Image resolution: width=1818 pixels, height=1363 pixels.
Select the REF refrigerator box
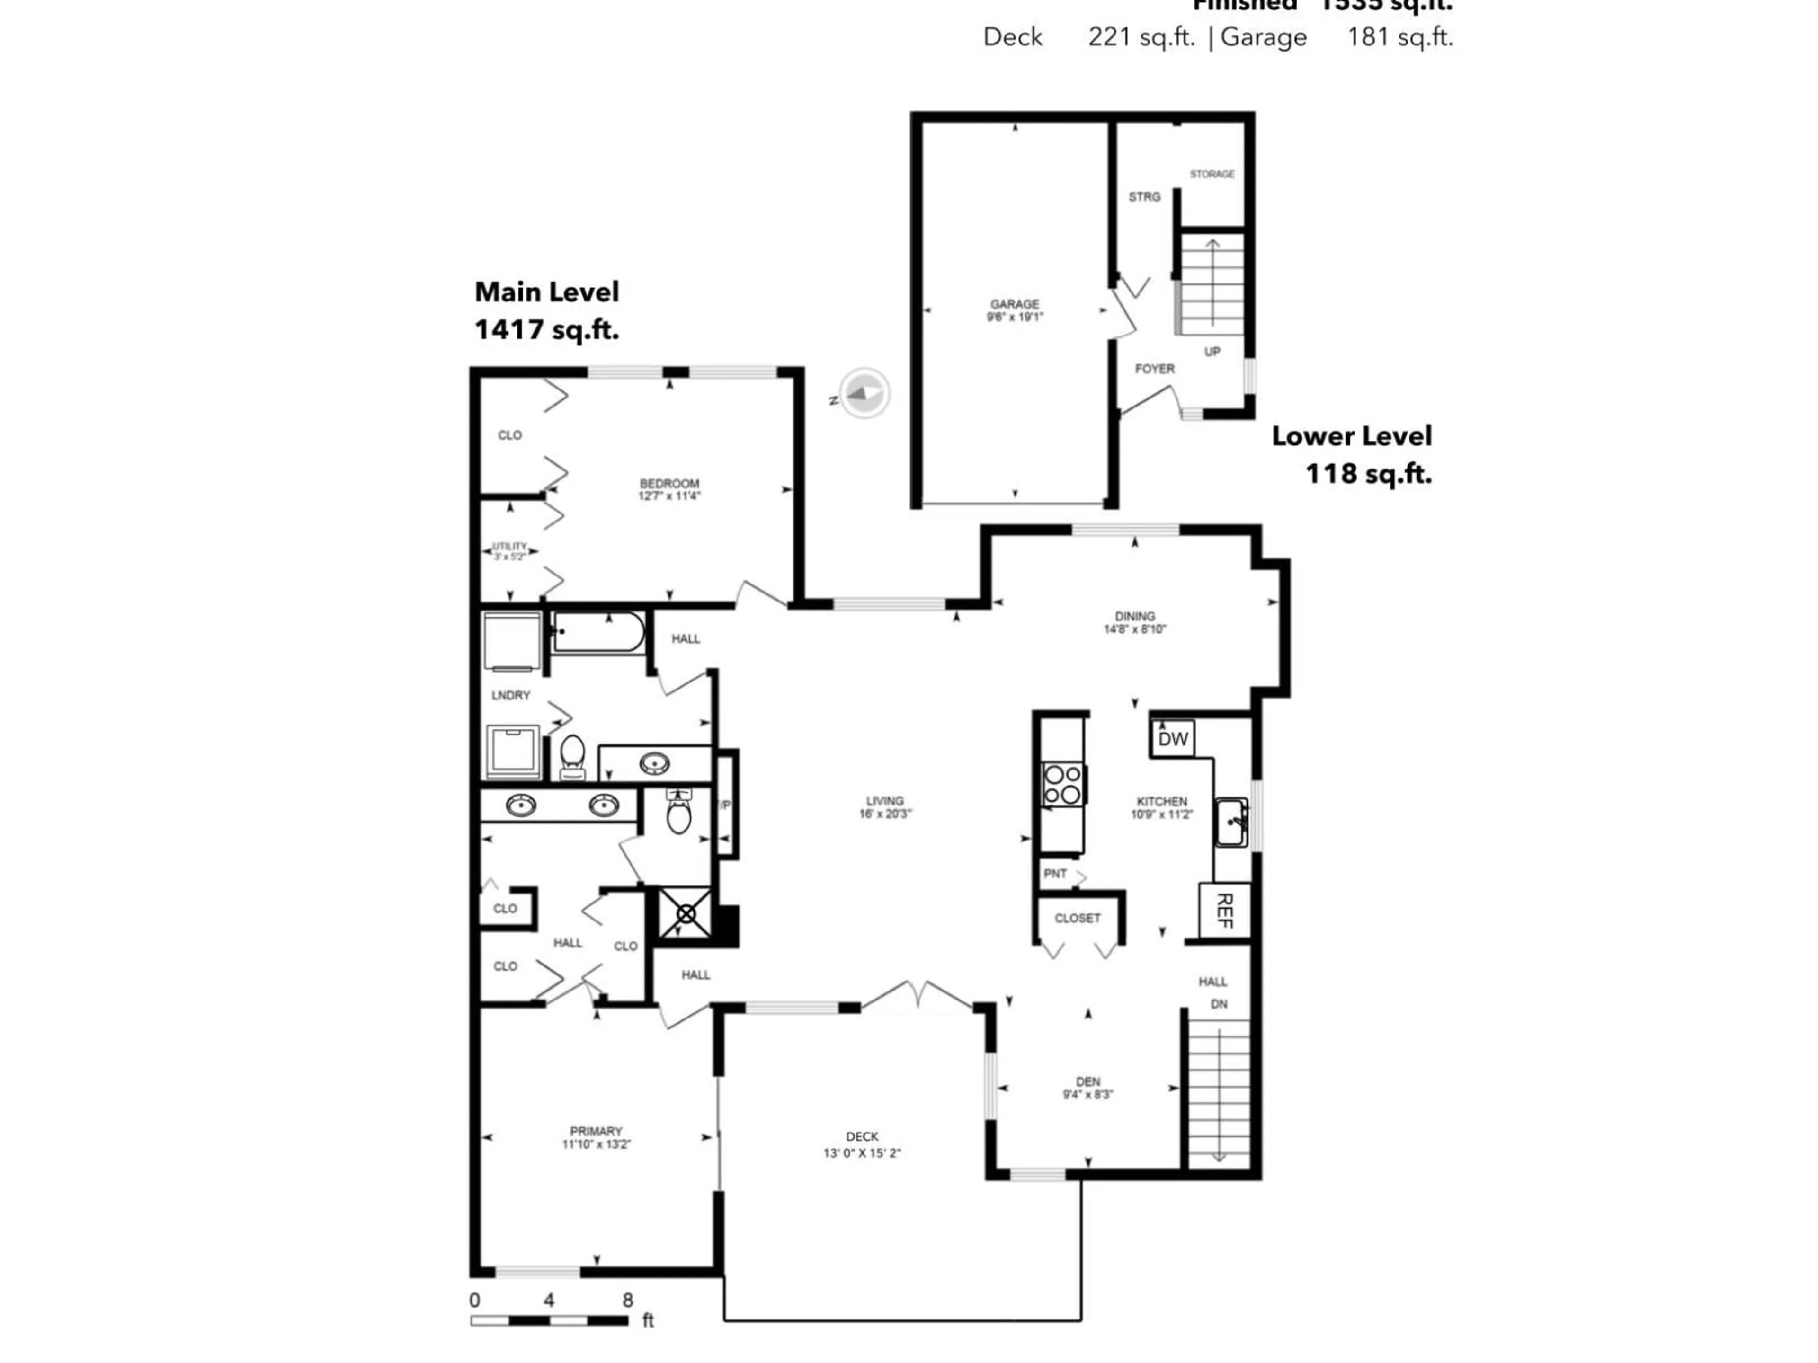pyautogui.click(x=1224, y=910)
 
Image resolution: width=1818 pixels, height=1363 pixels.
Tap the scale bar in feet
pyautogui.click(x=549, y=1321)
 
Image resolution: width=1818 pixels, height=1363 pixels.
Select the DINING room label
pyautogui.click(x=1134, y=616)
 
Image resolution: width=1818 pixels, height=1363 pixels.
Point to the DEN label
pyautogui.click(x=1087, y=1082)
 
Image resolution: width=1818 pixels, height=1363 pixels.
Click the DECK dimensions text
pyautogui.click(x=862, y=1153)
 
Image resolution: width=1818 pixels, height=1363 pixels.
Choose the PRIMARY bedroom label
pyautogui.click(x=596, y=1131)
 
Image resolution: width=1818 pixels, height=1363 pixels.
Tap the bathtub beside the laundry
pyautogui.click(x=597, y=633)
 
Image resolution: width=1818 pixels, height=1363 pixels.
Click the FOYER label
pyautogui.click(x=1155, y=369)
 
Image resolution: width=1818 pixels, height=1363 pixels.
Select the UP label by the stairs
pyautogui.click(x=1212, y=352)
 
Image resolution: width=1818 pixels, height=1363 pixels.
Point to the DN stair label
pyautogui.click(x=1219, y=1004)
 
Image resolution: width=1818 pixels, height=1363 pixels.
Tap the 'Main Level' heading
pyautogui.click(x=546, y=292)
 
